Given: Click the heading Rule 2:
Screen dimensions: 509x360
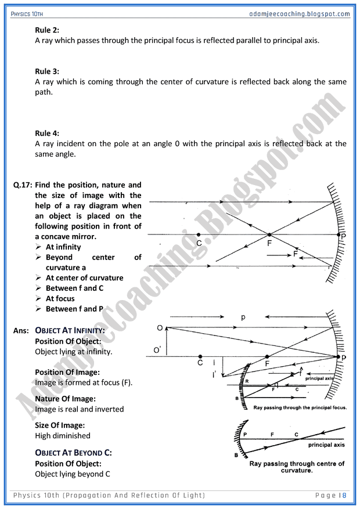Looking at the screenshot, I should point(48,30).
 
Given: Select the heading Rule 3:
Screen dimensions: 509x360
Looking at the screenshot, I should point(48,71).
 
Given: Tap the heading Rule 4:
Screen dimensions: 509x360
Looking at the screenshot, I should point(48,133).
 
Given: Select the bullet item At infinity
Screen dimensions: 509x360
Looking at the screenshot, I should point(64,247).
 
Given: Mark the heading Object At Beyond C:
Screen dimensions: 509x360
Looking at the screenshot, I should point(74,452).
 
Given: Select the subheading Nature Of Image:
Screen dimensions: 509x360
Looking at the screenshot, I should point(65,399).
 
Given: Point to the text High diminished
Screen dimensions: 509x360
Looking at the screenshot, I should point(63,436).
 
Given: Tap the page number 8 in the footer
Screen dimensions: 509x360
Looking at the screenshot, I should point(344,495).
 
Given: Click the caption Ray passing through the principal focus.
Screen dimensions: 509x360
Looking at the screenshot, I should point(300,408).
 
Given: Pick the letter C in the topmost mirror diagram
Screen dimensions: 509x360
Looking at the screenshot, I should point(199,244).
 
